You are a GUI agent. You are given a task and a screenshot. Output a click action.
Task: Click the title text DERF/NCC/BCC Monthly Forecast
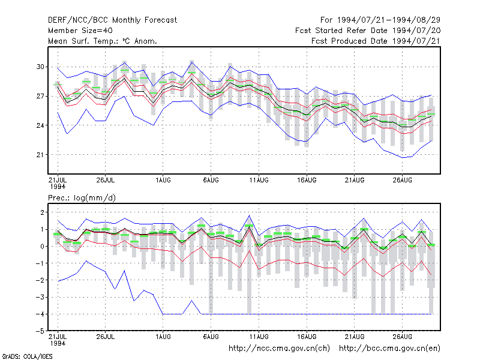click(112, 20)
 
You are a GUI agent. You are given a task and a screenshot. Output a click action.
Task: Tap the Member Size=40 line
click(80, 31)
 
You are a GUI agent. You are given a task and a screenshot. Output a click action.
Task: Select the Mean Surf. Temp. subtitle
click(103, 41)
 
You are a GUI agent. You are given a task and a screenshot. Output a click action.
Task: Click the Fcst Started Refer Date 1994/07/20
click(368, 31)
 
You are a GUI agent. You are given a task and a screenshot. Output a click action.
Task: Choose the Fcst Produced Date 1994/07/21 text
click(376, 41)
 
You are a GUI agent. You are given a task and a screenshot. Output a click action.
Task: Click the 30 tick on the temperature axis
click(40, 67)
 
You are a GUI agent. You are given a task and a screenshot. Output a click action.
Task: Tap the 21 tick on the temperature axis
click(40, 155)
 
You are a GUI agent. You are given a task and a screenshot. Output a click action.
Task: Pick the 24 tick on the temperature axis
click(40, 125)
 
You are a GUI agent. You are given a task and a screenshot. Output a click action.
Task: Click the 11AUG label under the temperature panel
click(259, 180)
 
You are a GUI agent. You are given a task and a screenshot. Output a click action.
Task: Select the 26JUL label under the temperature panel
click(106, 180)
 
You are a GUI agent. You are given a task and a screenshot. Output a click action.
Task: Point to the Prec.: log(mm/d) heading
click(82, 198)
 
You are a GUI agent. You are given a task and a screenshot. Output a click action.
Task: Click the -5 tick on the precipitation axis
click(40, 331)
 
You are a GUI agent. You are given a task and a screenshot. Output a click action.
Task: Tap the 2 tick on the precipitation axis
click(42, 212)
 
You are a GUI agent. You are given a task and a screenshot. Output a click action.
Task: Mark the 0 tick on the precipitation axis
click(42, 246)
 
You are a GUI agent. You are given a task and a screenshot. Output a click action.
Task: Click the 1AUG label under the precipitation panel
click(163, 337)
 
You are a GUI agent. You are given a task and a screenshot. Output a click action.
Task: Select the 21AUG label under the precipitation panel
click(355, 337)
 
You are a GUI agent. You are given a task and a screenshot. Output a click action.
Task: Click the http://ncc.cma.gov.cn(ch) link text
click(279, 349)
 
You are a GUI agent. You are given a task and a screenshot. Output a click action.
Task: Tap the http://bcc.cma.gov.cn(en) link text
click(389, 349)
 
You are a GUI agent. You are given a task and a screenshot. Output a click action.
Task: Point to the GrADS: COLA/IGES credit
click(28, 356)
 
